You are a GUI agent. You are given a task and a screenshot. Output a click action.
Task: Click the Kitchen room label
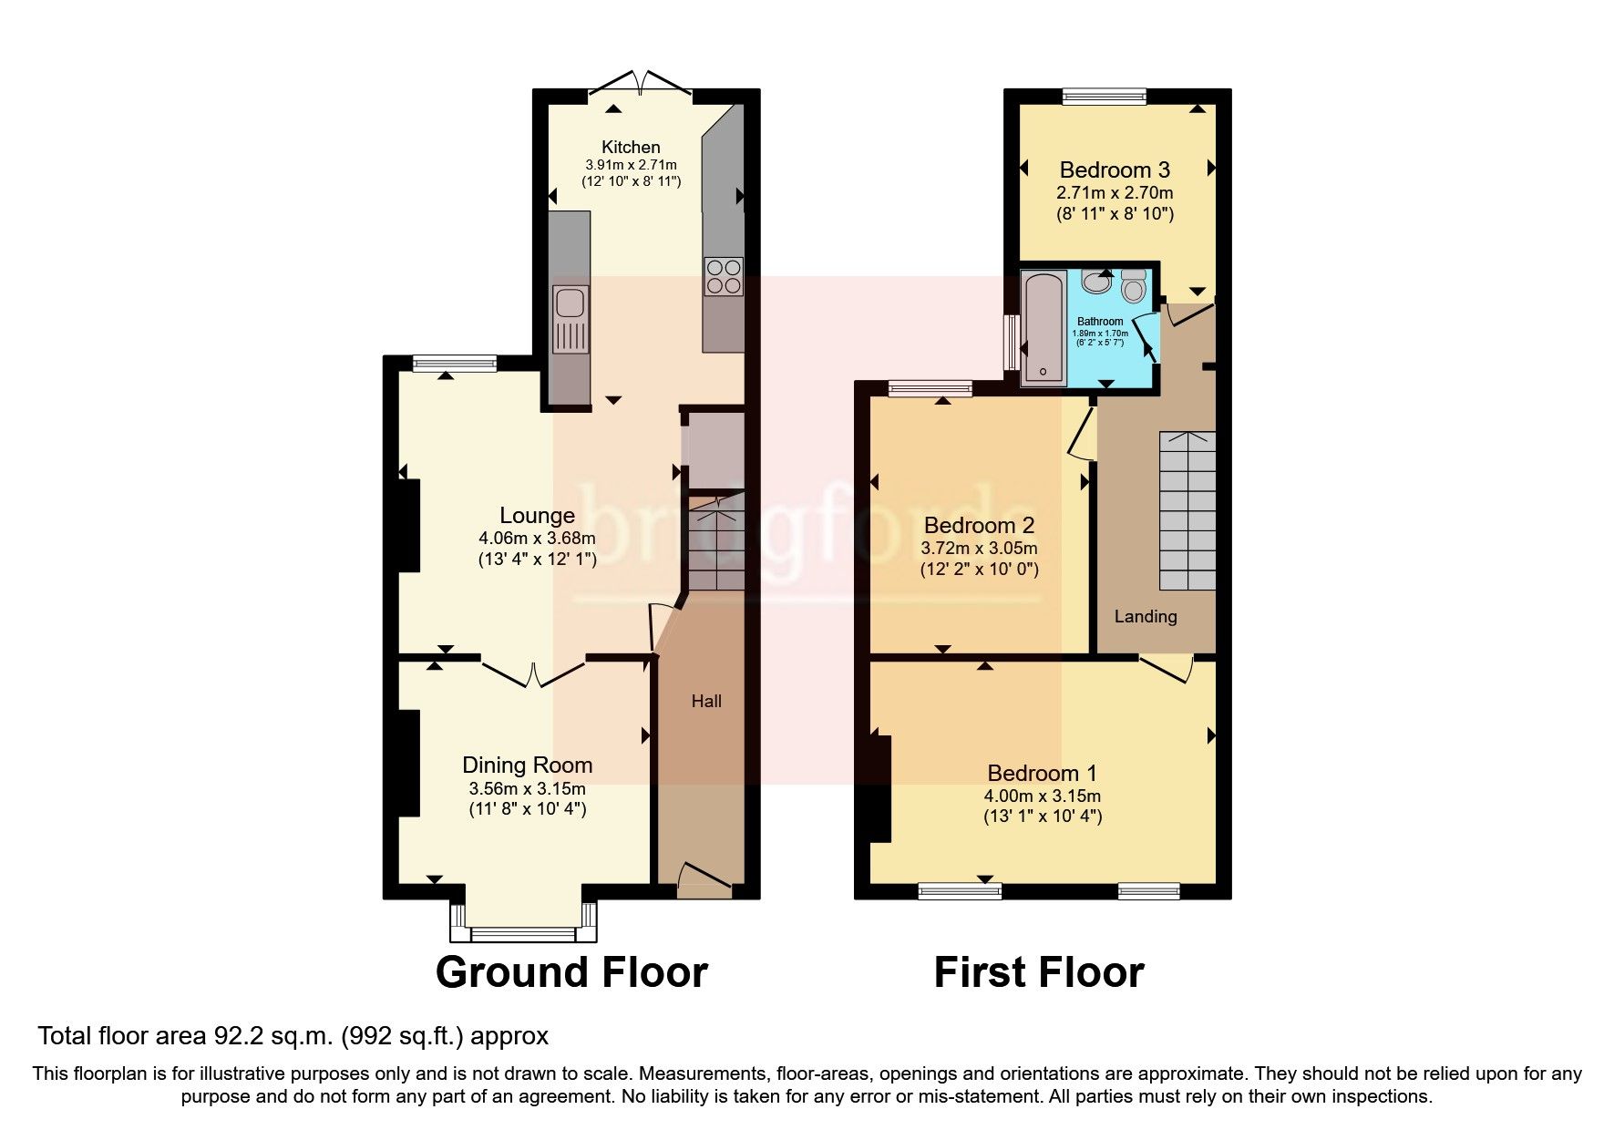click(631, 147)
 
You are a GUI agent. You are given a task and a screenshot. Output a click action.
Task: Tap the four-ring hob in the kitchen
click(723, 276)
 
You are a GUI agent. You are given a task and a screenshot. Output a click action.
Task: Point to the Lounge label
click(537, 516)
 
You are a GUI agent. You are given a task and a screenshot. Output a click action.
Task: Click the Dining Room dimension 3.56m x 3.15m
click(527, 788)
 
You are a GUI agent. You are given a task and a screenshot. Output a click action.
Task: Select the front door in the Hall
click(704, 877)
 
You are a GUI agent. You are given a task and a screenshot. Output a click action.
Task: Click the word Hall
click(706, 701)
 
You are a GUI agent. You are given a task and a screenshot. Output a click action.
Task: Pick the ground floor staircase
click(716, 547)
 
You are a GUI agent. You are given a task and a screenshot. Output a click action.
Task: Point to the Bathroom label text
click(1100, 322)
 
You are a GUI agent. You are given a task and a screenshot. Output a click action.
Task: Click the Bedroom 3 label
click(1115, 169)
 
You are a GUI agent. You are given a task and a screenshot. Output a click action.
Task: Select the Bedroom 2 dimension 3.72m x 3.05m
click(979, 549)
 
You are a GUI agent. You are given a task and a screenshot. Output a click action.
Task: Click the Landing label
click(1146, 617)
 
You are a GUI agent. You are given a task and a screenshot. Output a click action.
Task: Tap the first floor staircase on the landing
click(1187, 510)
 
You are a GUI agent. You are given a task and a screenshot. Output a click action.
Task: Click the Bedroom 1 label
click(1042, 773)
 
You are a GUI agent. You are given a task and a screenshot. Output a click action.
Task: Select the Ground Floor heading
click(571, 972)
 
